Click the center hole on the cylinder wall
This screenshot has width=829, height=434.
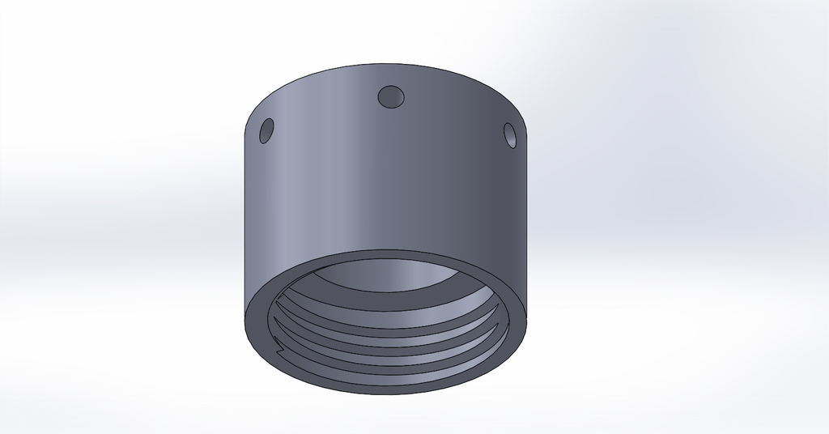(392, 96)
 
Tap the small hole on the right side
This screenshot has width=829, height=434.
(510, 134)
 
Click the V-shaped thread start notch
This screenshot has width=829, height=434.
(279, 349)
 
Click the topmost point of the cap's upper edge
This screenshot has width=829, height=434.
(387, 64)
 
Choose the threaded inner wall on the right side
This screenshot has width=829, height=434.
(494, 324)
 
